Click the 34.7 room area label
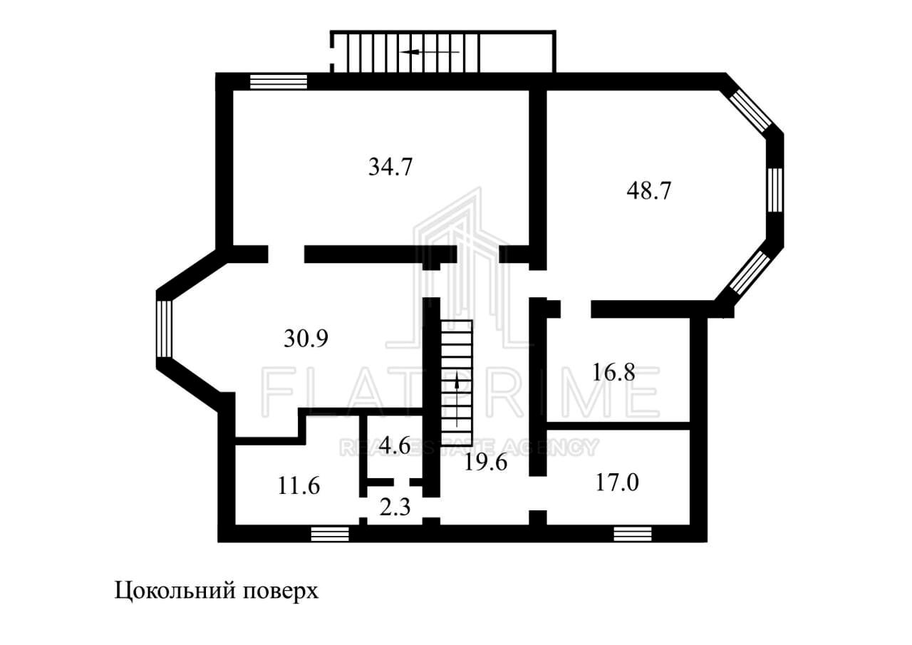pos(390,167)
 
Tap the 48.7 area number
pos(648,190)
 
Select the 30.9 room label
pos(306,339)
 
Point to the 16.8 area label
pos(613,372)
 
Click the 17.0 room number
pos(617,483)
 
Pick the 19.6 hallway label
pos(486,463)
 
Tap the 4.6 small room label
pos(395,445)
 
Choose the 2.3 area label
pos(395,507)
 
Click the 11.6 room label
pos(299,486)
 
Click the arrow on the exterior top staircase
pos(430,52)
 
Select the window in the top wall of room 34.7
pos(279,81)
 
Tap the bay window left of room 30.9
pos(165,329)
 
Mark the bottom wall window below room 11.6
pos(330,534)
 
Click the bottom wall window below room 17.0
pos(633,534)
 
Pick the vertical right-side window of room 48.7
pos(775,190)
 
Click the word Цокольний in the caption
pos(175,591)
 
